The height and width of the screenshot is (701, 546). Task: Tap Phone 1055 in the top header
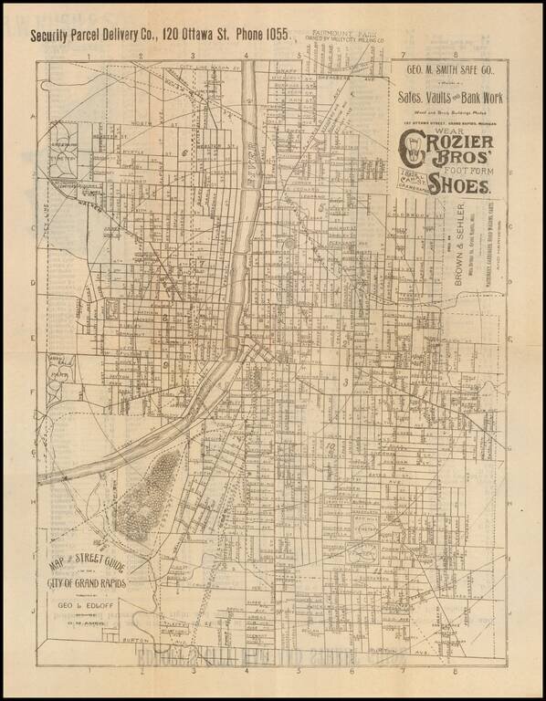click(261, 36)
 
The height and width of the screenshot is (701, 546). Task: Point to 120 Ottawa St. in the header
click(193, 37)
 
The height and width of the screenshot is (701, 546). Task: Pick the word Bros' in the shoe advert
click(447, 168)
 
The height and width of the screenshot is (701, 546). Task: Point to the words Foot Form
click(474, 167)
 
